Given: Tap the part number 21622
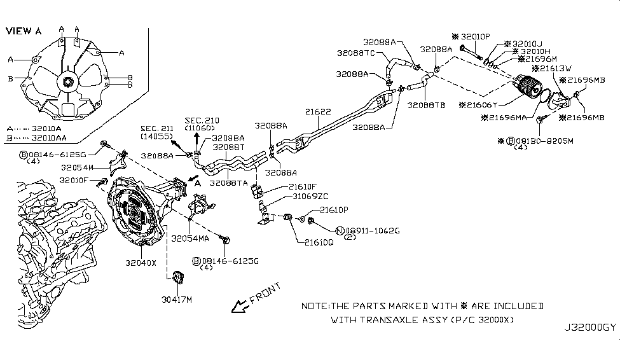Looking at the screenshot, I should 317,112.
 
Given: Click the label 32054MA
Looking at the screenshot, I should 191,239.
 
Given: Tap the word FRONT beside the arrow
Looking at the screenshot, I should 265,293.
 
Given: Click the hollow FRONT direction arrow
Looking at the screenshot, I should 239,307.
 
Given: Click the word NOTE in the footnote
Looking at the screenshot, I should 313,306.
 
